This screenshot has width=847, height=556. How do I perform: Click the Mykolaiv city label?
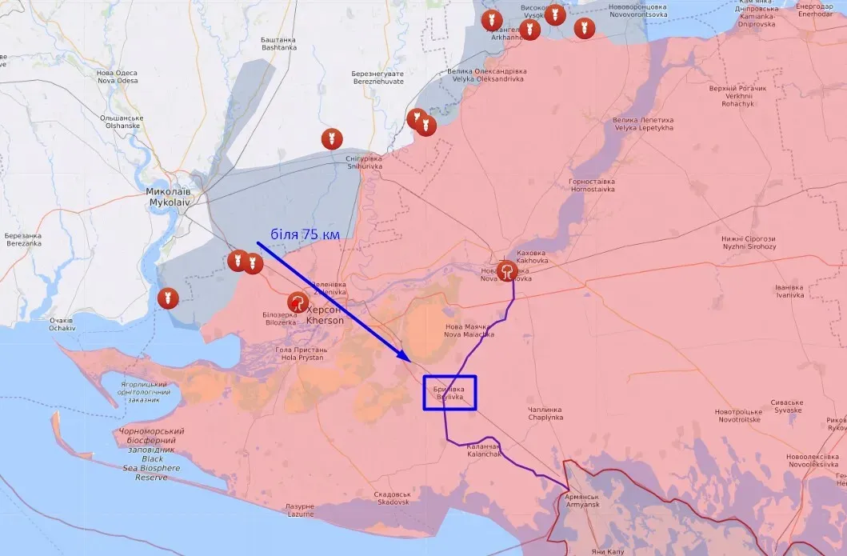tap(169, 198)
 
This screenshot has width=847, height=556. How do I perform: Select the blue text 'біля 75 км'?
tap(305, 234)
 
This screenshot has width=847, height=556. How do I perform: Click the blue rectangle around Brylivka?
tap(449, 393)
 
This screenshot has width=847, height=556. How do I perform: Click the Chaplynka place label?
tap(545, 414)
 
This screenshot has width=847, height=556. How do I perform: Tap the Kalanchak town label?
tap(484, 450)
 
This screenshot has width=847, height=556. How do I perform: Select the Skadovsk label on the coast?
tap(392, 498)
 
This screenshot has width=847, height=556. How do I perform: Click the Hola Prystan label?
tap(301, 354)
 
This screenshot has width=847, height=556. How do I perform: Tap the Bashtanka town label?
tap(278, 43)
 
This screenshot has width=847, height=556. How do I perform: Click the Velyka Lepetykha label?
tap(643, 124)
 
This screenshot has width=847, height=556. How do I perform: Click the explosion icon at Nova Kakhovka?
tap(507, 271)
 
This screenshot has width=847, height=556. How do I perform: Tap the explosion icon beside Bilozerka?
tap(298, 302)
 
